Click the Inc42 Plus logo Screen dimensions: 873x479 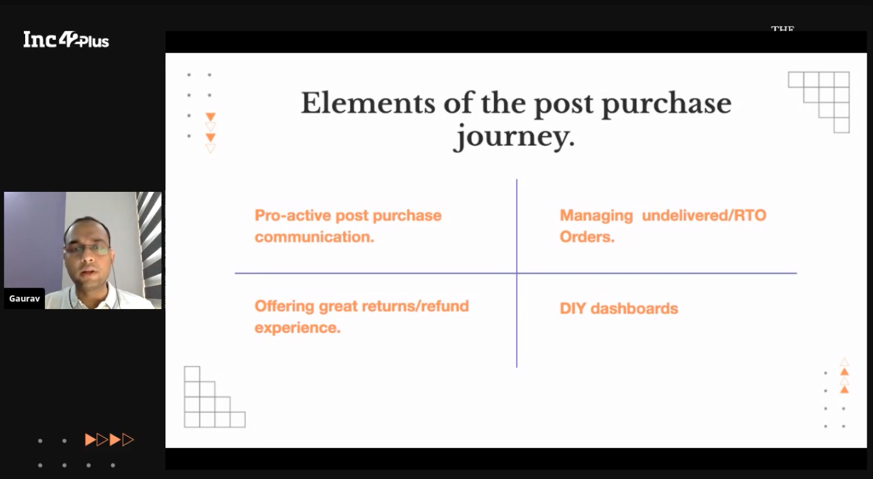pyautogui.click(x=66, y=39)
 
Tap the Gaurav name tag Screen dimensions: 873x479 pyautogui.click(x=24, y=299)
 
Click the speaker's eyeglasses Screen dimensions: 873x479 pyautogui.click(x=88, y=249)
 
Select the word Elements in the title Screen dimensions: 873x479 pyautogui.click(x=368, y=103)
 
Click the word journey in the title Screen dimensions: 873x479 pyautogui.click(x=514, y=137)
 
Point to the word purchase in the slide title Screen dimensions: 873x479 pyautogui.click(x=666, y=104)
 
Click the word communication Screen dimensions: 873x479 pyautogui.click(x=314, y=236)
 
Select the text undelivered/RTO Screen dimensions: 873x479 pyautogui.click(x=704, y=216)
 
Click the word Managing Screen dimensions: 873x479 pyautogui.click(x=596, y=216)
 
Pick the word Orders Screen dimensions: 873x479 pyautogui.click(x=587, y=236)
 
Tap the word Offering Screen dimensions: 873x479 pyautogui.click(x=285, y=306)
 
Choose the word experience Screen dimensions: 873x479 pyautogui.click(x=297, y=328)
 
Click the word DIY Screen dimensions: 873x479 pyautogui.click(x=573, y=308)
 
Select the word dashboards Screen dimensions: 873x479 pyautogui.click(x=635, y=308)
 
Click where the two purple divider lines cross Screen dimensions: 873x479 pyautogui.click(x=517, y=273)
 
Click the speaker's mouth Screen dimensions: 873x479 pyautogui.click(x=88, y=272)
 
